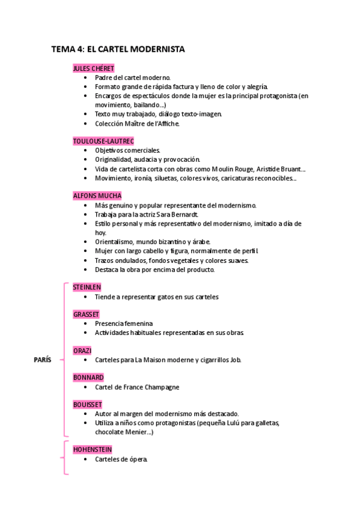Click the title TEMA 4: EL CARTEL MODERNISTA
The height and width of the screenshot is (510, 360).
118,50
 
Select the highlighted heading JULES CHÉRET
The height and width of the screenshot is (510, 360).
94,69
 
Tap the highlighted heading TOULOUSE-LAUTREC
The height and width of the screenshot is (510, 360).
103,141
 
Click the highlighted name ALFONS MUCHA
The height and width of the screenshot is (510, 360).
97,195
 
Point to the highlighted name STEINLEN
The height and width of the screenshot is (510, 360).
88,287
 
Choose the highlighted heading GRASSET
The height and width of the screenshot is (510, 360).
86,314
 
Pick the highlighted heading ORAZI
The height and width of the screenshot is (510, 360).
82,351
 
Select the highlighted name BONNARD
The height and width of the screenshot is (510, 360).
88,378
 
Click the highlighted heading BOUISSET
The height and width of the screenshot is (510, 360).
88,405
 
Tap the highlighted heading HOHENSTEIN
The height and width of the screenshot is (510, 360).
93,449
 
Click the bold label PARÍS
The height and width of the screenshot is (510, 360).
42,360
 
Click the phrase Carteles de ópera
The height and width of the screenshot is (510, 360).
121,459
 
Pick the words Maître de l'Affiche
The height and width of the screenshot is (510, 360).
151,124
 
